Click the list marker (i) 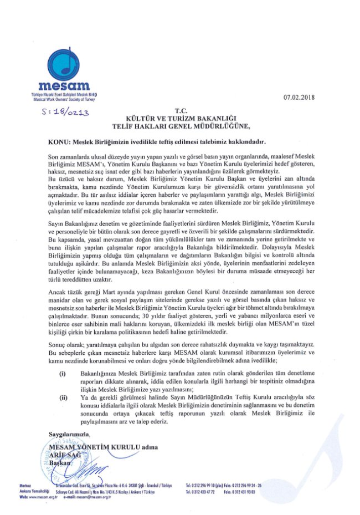[63, 374]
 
